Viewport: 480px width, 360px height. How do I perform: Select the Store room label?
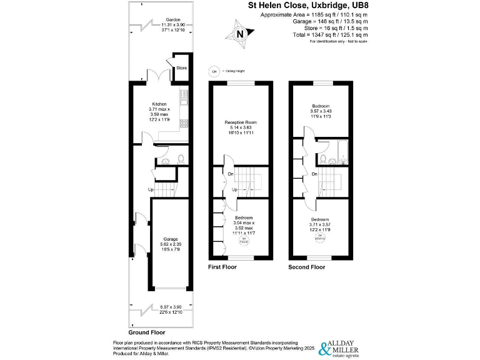[x=181, y=67]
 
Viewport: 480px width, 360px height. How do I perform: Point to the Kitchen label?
[x=159, y=104]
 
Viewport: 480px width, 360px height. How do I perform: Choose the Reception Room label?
[x=241, y=122]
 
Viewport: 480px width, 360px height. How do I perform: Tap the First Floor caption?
[x=222, y=267]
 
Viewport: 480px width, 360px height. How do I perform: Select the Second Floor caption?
[x=306, y=267]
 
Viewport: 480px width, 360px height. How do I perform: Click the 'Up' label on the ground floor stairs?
[x=151, y=189]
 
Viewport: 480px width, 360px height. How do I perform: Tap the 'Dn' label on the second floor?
[x=314, y=174]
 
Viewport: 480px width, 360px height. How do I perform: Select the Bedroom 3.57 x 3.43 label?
[x=321, y=106]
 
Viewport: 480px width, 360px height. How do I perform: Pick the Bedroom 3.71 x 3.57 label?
[x=321, y=220]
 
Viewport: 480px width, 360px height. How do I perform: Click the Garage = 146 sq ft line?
[x=313, y=21]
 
